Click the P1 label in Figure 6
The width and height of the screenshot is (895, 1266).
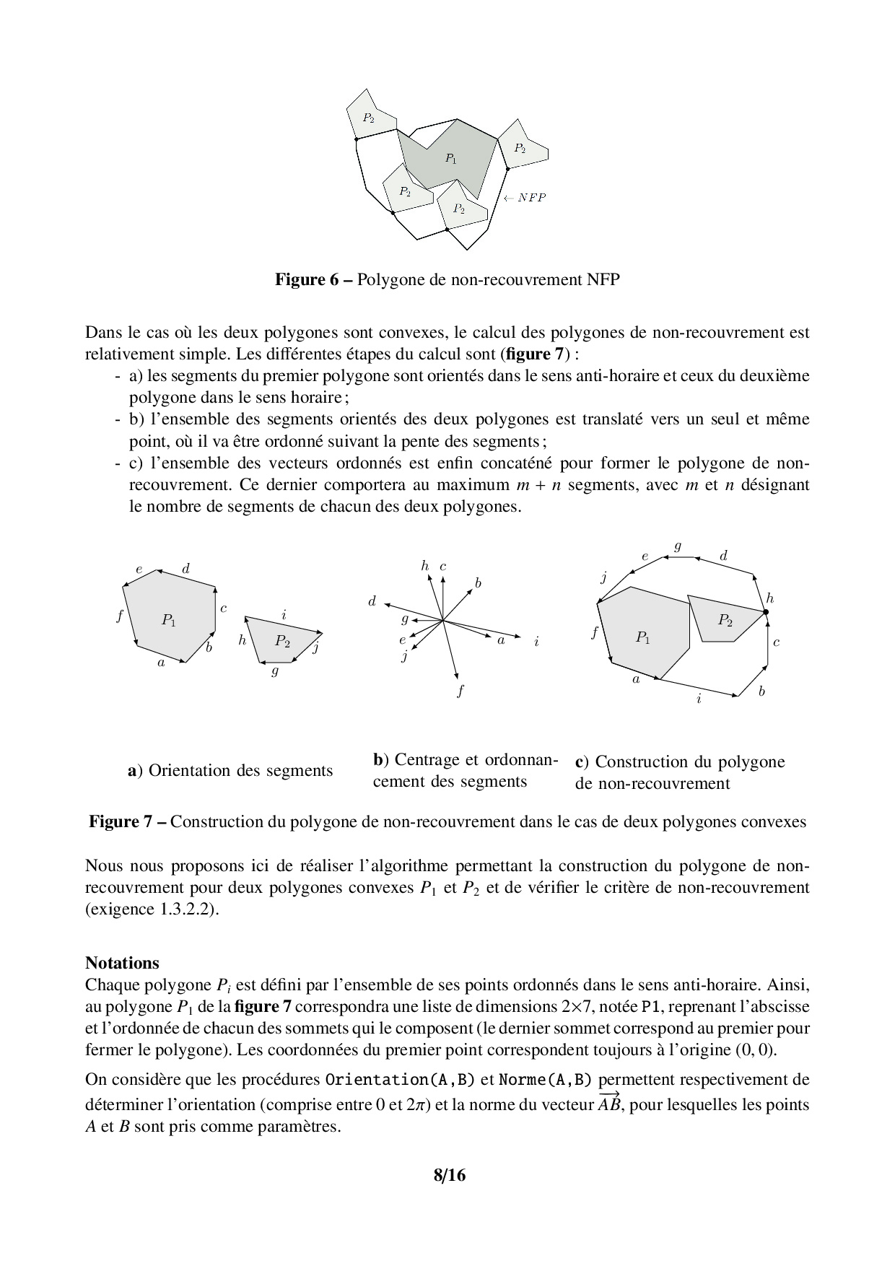coord(450,158)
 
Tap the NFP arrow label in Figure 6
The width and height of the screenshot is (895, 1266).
coord(525,198)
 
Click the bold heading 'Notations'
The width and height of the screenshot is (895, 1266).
coord(122,963)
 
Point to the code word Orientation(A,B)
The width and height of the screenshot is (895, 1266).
coord(400,1080)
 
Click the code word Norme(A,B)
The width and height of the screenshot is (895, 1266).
coord(545,1080)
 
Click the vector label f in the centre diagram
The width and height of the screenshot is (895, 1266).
coord(460,691)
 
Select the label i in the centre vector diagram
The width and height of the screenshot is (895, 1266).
coord(537,641)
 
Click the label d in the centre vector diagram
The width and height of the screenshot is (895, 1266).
coord(372,601)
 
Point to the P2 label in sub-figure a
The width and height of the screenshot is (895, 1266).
coord(282,641)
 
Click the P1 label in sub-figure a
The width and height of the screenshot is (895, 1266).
coord(168,619)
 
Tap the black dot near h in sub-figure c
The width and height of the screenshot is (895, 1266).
coord(766,612)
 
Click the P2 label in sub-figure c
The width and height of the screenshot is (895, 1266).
coord(725,619)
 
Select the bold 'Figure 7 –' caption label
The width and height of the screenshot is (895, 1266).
coord(128,821)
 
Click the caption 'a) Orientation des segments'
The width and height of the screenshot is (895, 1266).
coord(230,770)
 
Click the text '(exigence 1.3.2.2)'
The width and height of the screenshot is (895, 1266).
coord(152,909)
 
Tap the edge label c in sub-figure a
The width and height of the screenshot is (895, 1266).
coord(224,608)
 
